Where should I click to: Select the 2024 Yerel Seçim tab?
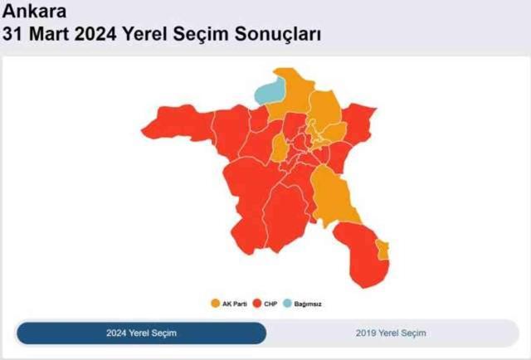coord(141,333)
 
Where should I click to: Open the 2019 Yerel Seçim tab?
coord(391,333)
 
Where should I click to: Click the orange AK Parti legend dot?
coord(215,304)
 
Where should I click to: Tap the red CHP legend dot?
coord(258,304)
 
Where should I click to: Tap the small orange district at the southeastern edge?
coord(382,249)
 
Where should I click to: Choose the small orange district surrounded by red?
coord(280,149)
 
